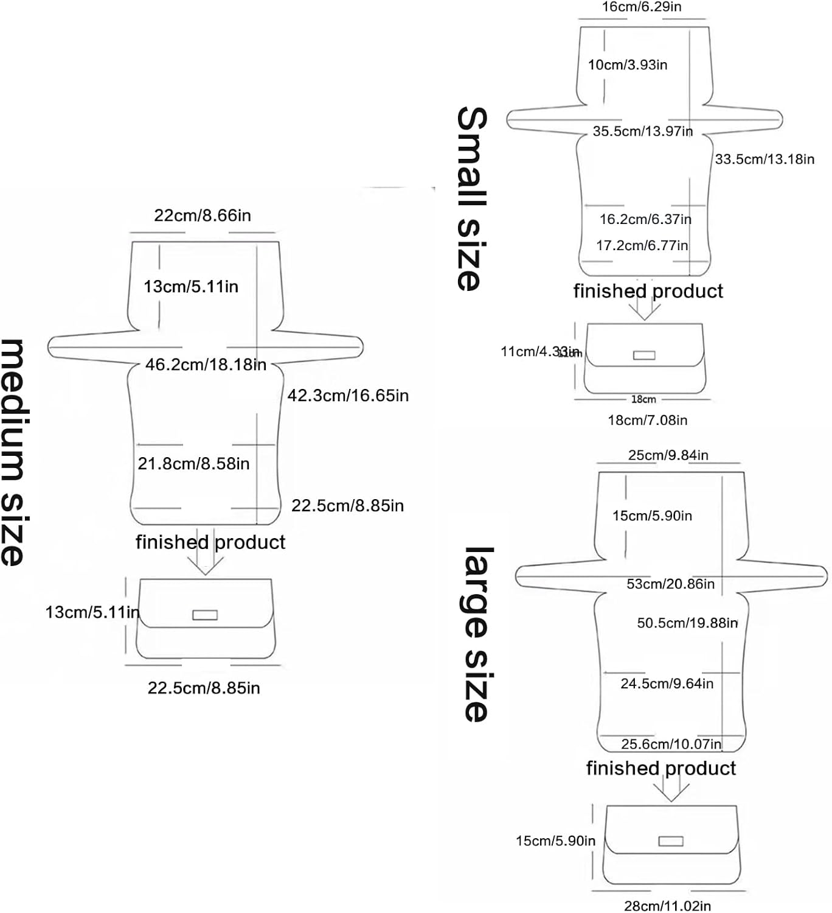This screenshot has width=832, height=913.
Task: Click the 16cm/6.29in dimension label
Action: (642, 7)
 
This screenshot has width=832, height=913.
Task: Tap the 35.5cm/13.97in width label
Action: (642, 131)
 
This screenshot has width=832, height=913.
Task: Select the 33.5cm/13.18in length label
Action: (764, 159)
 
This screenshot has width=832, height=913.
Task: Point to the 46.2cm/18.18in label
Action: (206, 365)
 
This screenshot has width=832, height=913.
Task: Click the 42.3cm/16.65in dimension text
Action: (348, 396)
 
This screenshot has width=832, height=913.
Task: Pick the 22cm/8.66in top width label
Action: (202, 215)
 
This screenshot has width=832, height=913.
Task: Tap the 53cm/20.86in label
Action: (670, 584)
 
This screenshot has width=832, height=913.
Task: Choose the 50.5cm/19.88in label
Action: (687, 623)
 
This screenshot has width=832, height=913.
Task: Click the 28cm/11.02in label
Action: (667, 906)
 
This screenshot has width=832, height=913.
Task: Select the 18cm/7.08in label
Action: (647, 420)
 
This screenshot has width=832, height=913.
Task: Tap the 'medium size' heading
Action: (13, 452)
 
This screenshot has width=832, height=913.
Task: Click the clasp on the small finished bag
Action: (644, 355)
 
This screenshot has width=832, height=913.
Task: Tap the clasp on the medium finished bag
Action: (205, 615)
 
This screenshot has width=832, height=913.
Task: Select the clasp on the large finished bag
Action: (671, 841)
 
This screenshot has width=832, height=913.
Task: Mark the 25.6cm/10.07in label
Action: (671, 744)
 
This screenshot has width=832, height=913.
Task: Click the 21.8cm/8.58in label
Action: (193, 464)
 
